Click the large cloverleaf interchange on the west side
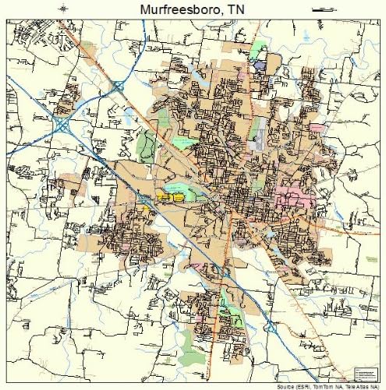click(x=62, y=123)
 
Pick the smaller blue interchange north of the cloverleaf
click(x=118, y=87)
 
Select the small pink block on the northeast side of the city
click(x=317, y=127)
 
